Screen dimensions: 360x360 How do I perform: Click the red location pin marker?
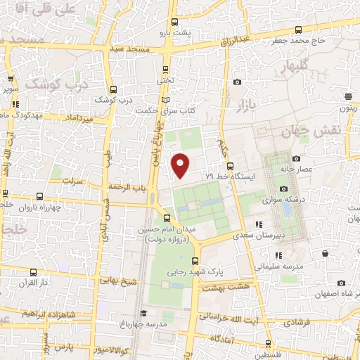[181, 165]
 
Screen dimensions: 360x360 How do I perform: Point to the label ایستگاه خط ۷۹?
[231, 177]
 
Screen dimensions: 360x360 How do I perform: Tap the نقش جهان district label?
[321, 131]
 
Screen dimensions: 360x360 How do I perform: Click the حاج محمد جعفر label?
[302, 41]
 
